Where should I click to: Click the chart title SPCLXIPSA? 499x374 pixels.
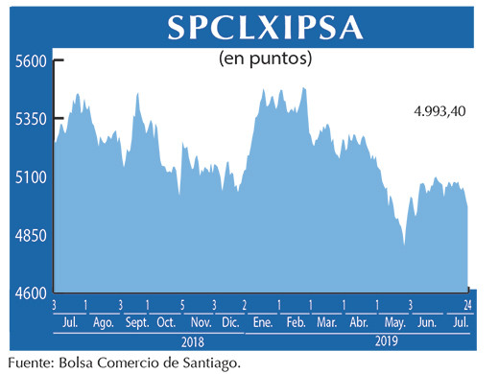coord(265,27)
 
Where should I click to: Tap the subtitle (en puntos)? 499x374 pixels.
coord(267,58)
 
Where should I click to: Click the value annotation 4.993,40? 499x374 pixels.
coord(440,111)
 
